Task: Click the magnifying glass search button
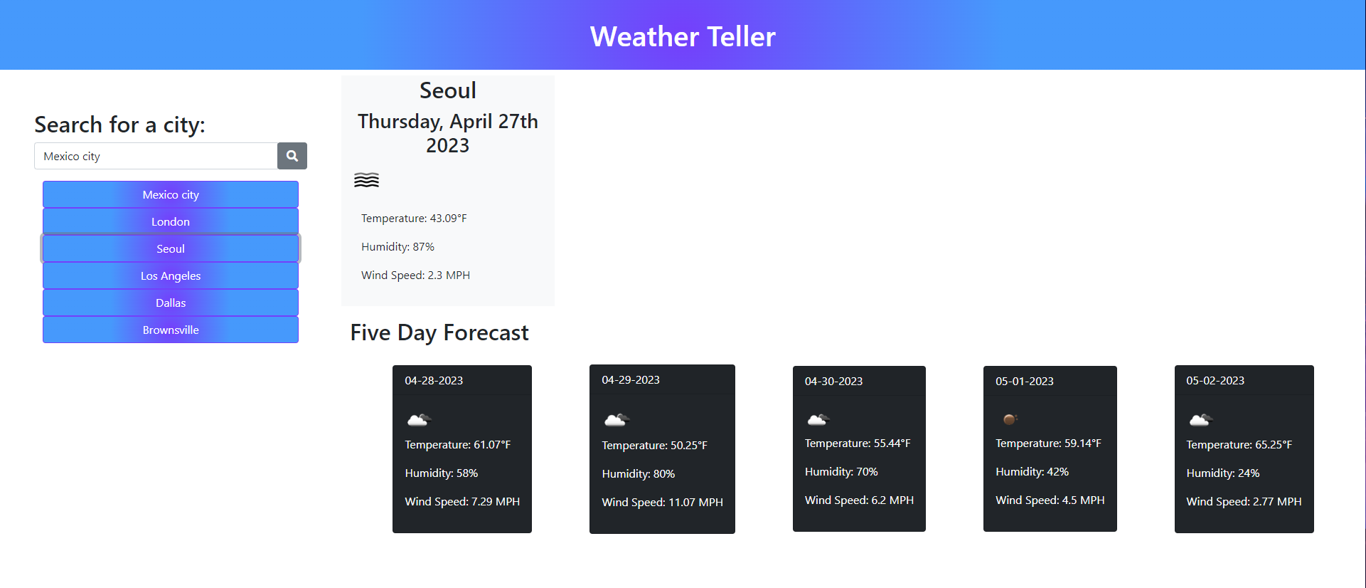[x=292, y=156]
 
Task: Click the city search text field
[x=156, y=156]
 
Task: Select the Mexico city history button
[x=171, y=194]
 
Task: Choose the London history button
[x=171, y=221]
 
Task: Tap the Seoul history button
[x=171, y=248]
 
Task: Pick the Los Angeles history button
[x=171, y=275]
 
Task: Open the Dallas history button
[x=171, y=303]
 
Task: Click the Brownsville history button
[x=171, y=330]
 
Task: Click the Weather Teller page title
[x=683, y=36]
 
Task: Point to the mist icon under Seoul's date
[x=366, y=180]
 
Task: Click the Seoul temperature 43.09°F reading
[x=414, y=219]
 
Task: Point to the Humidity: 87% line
[x=397, y=247]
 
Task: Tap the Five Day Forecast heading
[x=439, y=332]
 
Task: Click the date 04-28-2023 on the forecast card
[x=434, y=381]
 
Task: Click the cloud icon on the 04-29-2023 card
[x=617, y=420]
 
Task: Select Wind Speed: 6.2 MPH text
[x=859, y=500]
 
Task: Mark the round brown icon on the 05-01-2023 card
[x=1009, y=419]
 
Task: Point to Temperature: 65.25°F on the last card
[x=1239, y=445]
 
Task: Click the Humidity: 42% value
[x=1032, y=472]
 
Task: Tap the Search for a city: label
[x=119, y=125]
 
